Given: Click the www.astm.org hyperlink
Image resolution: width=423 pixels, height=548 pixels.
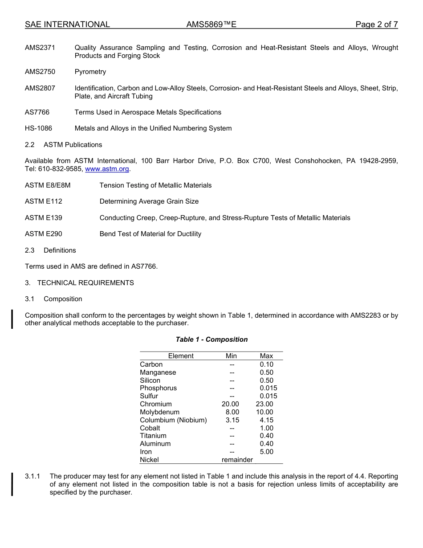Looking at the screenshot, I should pyautogui.click(x=107, y=169).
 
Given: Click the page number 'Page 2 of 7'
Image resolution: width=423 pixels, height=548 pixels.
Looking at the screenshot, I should pyautogui.click(x=376, y=25).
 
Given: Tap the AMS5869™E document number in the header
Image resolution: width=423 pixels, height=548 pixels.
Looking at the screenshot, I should pyautogui.click(x=211, y=25).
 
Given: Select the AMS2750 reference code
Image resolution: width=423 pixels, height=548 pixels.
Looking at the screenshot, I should pyautogui.click(x=40, y=72).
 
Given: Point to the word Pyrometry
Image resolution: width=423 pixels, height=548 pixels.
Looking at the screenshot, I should pyautogui.click(x=90, y=72).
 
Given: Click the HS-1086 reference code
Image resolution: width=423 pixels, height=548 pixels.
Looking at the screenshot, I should pyautogui.click(x=38, y=128).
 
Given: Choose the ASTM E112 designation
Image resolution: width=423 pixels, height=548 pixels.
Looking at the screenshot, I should pyautogui.click(x=44, y=201).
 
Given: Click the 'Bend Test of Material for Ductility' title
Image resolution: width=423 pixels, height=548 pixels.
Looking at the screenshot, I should pyautogui.click(x=150, y=234).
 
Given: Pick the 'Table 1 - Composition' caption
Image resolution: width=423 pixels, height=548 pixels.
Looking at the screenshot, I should pyautogui.click(x=211, y=339).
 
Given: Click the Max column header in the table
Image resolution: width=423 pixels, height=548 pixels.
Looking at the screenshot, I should pyautogui.click(x=266, y=356).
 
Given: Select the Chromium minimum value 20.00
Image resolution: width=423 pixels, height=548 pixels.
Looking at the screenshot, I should pyautogui.click(x=230, y=404).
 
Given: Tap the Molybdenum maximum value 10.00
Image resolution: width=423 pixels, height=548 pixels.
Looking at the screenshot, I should pyautogui.click(x=264, y=412).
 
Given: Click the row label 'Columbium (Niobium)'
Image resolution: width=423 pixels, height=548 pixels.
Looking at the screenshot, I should pyautogui.click(x=173, y=420).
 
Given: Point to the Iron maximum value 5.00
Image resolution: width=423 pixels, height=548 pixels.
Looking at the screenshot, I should pyautogui.click(x=266, y=452).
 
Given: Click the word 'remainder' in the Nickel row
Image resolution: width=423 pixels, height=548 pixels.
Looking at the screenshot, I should pyautogui.click(x=237, y=460).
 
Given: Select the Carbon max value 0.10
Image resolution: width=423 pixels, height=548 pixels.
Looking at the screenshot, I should pyautogui.click(x=266, y=364).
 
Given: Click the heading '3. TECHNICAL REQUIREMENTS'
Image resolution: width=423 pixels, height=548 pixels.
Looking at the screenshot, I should pyautogui.click(x=79, y=283).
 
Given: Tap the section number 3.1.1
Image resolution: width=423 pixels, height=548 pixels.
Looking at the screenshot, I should pyautogui.click(x=33, y=476).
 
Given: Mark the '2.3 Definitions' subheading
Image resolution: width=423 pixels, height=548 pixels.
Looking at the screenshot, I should pyautogui.click(x=50, y=250).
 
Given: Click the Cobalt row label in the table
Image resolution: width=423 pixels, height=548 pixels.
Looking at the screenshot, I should pyautogui.click(x=150, y=428).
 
